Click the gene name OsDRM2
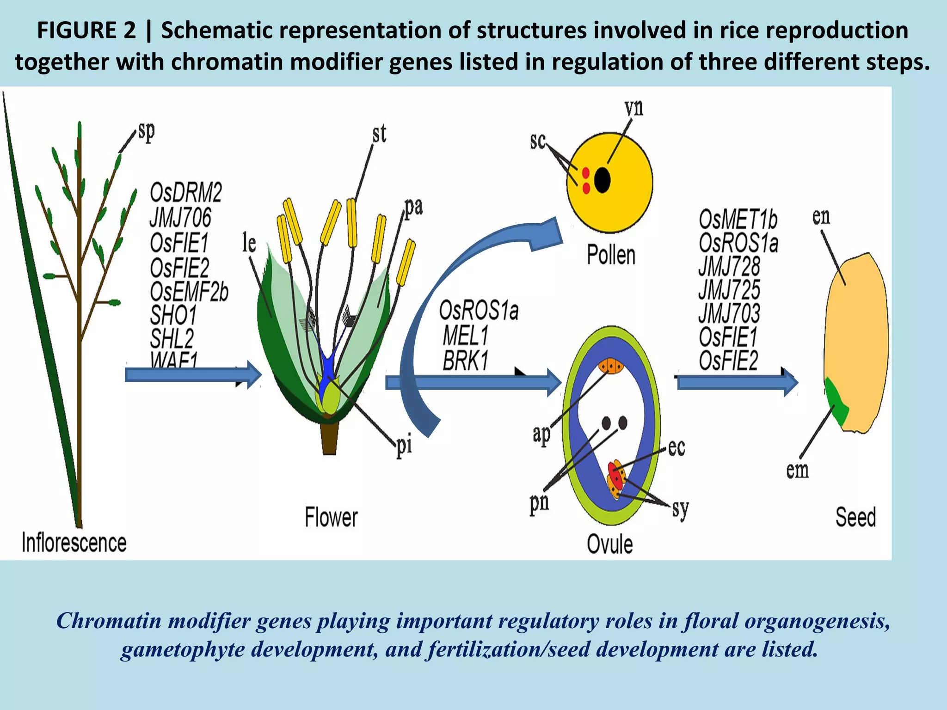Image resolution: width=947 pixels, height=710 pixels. click(x=186, y=193)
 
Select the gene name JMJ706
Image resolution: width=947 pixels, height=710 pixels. click(x=180, y=217)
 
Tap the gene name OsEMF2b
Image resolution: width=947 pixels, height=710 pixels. click(x=189, y=292)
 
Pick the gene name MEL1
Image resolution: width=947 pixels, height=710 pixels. click(x=465, y=336)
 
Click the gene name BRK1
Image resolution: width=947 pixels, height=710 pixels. click(x=465, y=361)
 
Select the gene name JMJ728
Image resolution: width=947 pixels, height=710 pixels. click(x=729, y=266)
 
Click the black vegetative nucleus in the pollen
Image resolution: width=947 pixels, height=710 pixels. click(x=602, y=180)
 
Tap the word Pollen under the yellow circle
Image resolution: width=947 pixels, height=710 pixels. click(x=611, y=255)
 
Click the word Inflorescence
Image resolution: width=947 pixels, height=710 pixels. click(x=74, y=542)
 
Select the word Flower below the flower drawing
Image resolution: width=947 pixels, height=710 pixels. click(x=331, y=517)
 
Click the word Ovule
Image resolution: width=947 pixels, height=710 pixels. click(x=609, y=544)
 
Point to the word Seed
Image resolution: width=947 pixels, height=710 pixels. click(x=855, y=517)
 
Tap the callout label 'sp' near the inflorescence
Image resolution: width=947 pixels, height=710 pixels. click(x=146, y=132)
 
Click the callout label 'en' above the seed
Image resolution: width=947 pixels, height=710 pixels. click(x=821, y=216)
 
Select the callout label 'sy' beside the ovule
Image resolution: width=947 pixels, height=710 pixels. click(x=680, y=508)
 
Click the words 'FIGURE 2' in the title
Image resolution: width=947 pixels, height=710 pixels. click(x=86, y=31)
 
